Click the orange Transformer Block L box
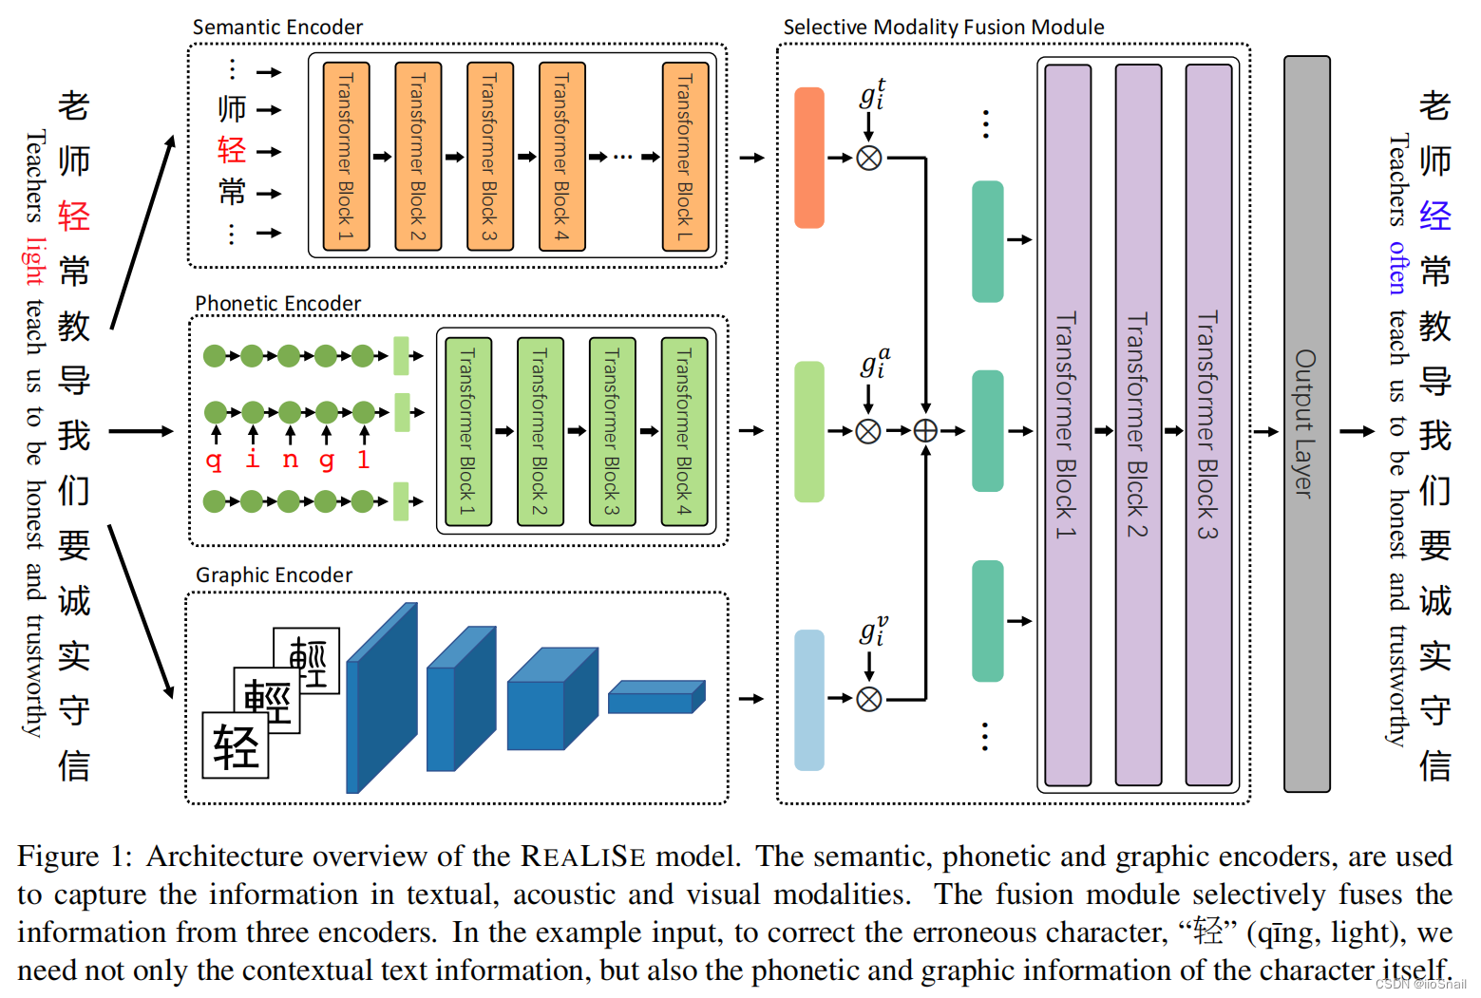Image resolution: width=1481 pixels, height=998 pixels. tap(685, 157)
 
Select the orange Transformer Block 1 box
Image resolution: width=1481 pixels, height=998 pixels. tap(346, 157)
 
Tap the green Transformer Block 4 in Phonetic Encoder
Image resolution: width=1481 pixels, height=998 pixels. tap(684, 431)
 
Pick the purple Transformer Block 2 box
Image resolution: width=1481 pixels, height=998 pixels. tap(1138, 424)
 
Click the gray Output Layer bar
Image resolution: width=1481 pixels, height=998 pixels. tap(1306, 424)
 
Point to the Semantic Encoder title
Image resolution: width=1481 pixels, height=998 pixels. tap(277, 28)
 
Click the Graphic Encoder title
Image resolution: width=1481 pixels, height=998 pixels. tap(274, 575)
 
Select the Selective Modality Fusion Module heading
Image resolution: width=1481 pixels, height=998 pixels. tap(943, 28)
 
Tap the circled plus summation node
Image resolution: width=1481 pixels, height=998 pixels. tap(925, 431)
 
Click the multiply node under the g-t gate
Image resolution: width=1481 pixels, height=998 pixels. tap(869, 158)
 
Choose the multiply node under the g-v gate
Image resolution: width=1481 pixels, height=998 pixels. tap(869, 700)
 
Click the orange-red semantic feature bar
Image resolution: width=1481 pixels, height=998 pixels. tap(809, 158)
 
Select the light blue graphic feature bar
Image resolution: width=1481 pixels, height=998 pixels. tap(809, 700)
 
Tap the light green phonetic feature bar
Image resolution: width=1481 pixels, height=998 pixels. tap(809, 431)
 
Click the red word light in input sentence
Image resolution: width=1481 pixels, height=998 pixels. tap(34, 261)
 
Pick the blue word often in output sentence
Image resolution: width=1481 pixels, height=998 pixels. tap(1397, 267)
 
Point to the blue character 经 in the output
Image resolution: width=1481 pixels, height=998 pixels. tap(1435, 217)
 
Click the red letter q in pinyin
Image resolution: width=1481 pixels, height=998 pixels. tap(215, 461)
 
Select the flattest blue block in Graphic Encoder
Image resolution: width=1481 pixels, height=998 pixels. tap(656, 698)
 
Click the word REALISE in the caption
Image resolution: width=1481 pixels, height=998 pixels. tap(582, 857)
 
